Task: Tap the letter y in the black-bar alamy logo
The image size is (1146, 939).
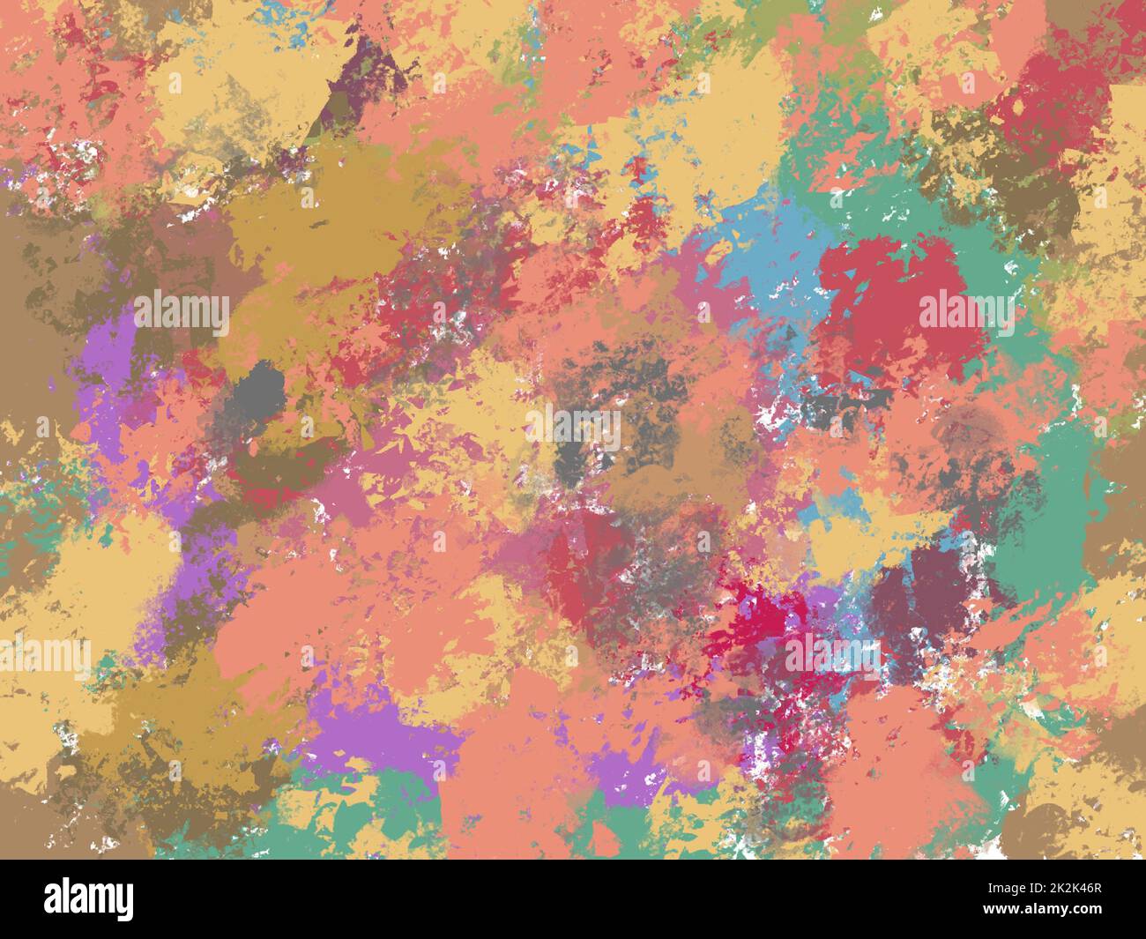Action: (x=124, y=902)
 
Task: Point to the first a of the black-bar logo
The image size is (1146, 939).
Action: (x=54, y=900)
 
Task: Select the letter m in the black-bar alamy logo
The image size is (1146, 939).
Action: (x=100, y=900)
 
